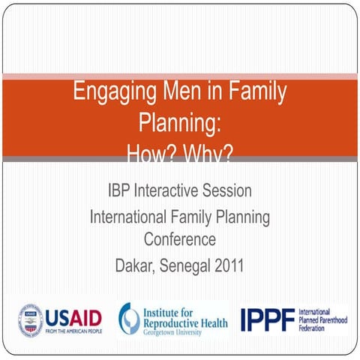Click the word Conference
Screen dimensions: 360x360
click(x=180, y=240)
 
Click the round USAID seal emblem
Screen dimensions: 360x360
click(x=31, y=320)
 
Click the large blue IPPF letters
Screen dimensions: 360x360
click(x=267, y=319)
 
